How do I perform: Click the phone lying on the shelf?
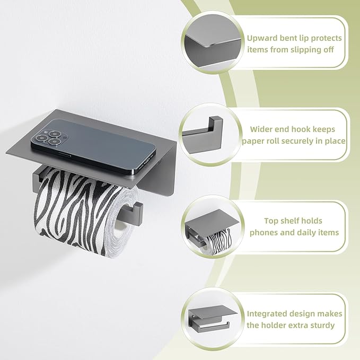(x=93, y=145)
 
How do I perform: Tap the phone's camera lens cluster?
(x=49, y=137)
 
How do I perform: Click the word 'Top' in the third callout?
(x=271, y=221)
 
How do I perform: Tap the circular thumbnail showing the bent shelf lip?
(x=213, y=42)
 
